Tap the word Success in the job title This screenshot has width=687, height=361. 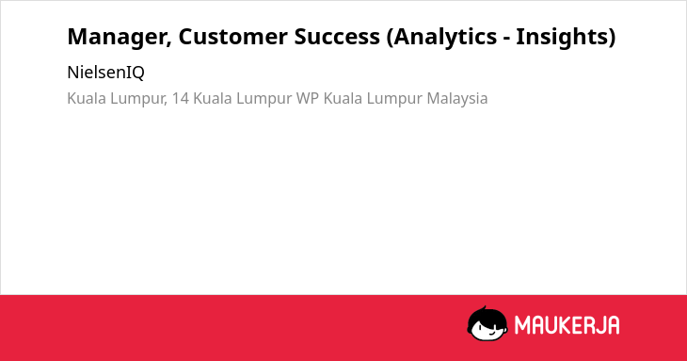coord(337,37)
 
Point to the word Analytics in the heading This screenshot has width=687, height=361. coord(442,38)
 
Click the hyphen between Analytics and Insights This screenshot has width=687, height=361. coord(506,39)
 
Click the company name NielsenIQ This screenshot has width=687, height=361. coord(105,73)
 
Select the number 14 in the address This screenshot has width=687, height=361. coord(180,98)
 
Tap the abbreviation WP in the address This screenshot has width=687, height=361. coord(308,98)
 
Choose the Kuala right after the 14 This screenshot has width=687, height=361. coord(213,98)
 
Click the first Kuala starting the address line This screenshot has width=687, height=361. coord(87,98)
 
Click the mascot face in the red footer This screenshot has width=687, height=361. coord(487,324)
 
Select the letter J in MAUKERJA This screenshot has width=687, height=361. coord(599,325)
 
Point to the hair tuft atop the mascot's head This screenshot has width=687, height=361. coord(484,308)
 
